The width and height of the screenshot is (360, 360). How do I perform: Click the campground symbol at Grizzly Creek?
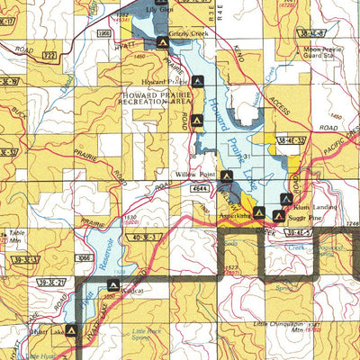[x=162, y=42]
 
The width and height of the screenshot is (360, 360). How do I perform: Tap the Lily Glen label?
[x=157, y=9]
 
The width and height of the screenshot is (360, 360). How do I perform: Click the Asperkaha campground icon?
[x=258, y=212]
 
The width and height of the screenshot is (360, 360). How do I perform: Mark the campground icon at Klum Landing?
[x=285, y=197]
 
